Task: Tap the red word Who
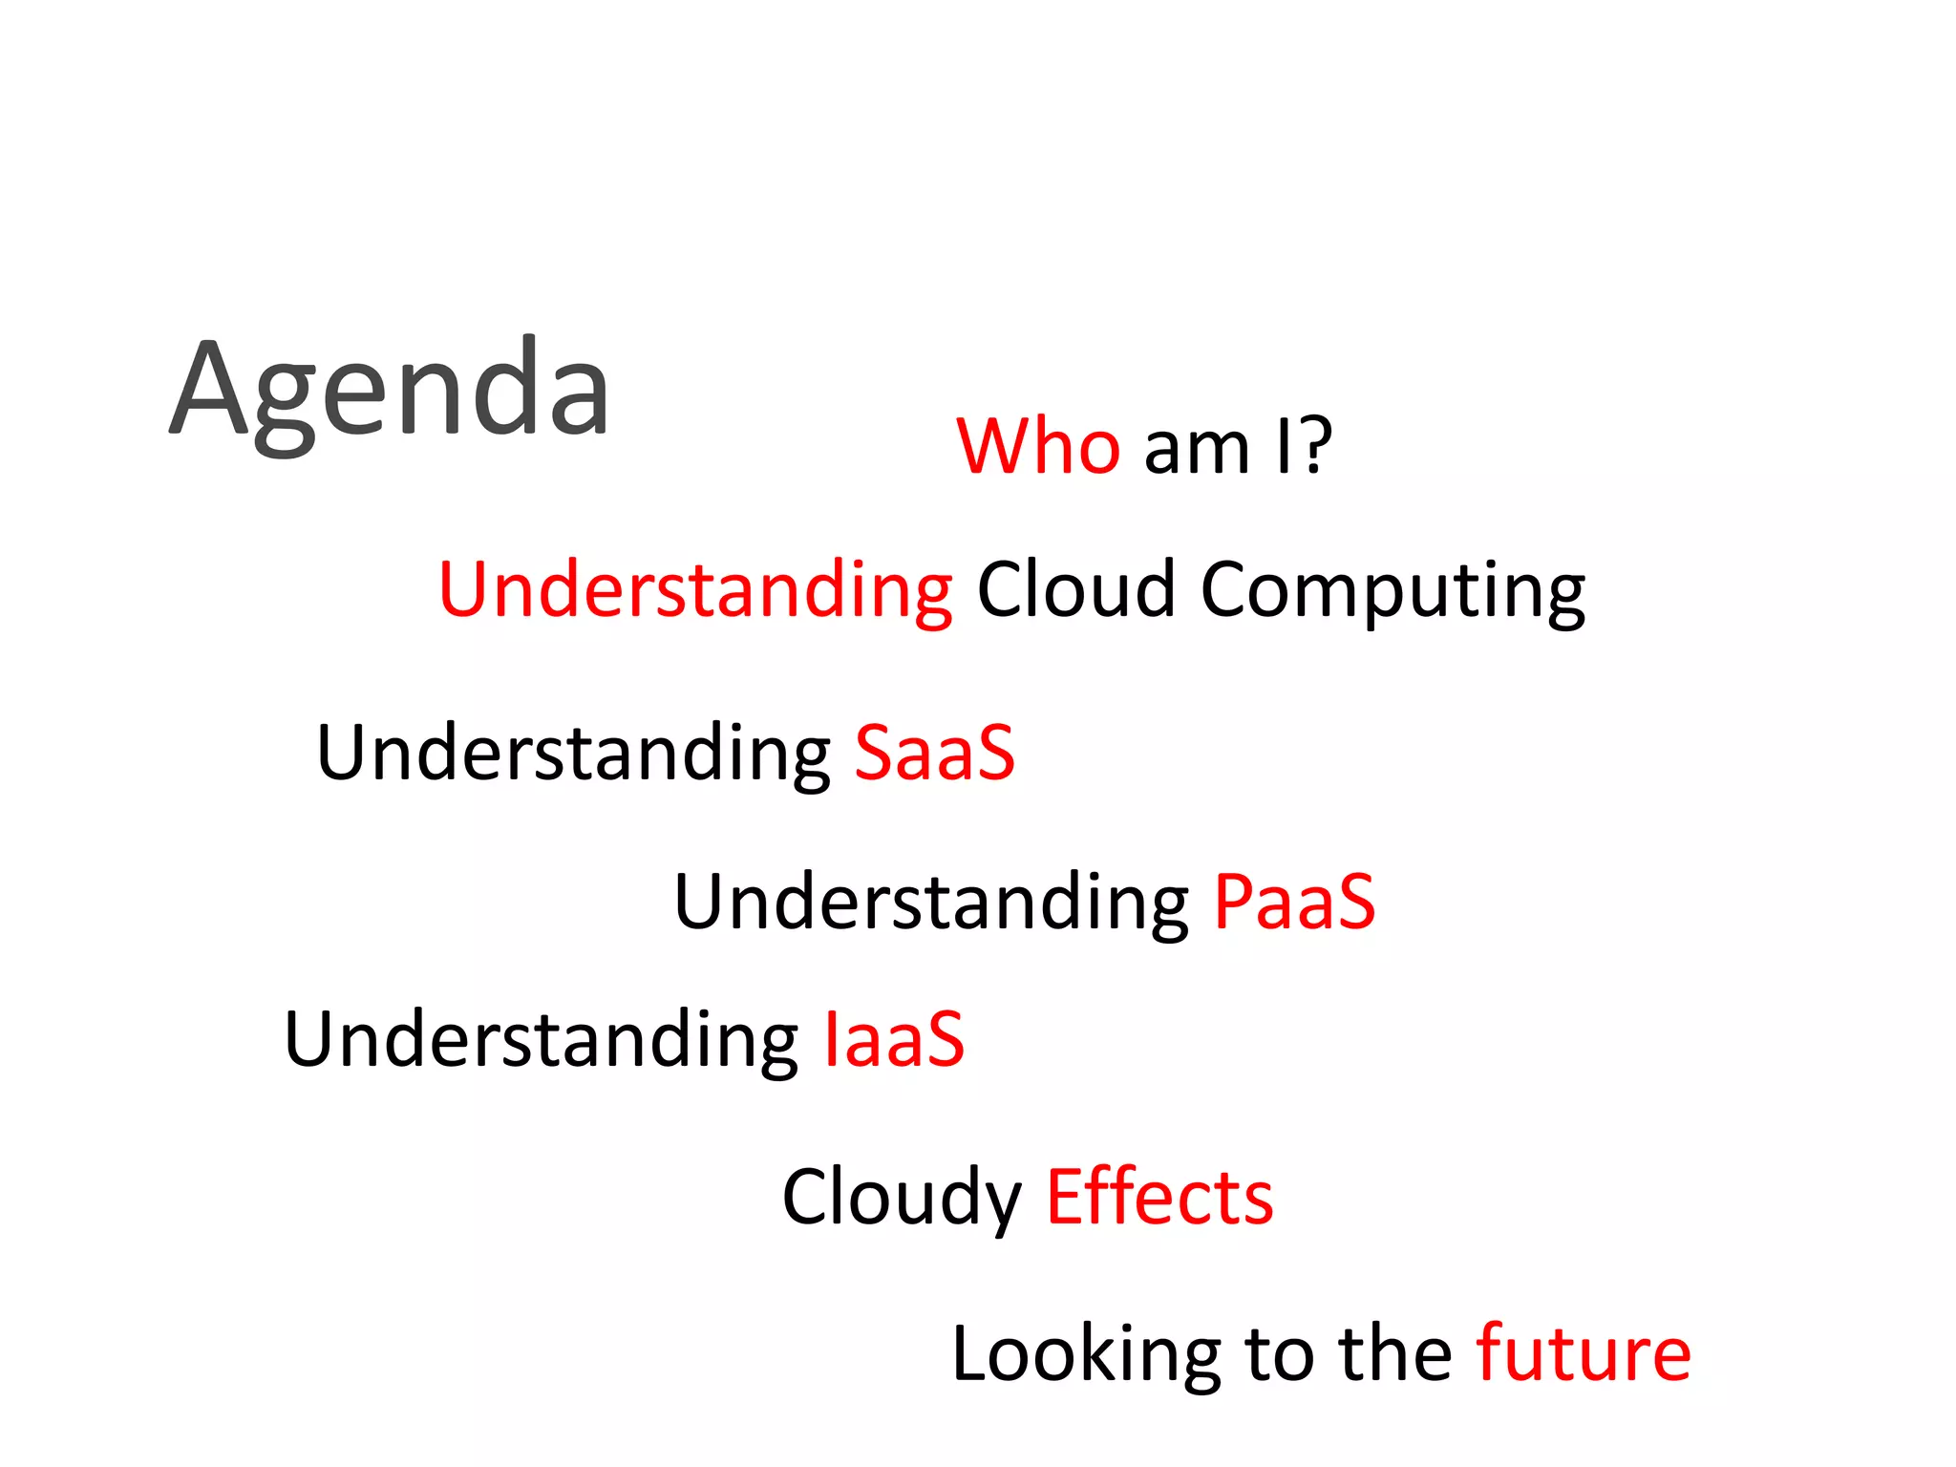tap(1037, 446)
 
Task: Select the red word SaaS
tap(934, 754)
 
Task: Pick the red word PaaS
tap(1294, 903)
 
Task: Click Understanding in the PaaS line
tap(931, 904)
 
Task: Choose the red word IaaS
tap(894, 1040)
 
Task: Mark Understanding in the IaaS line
tap(542, 1041)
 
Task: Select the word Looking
tap(1086, 1355)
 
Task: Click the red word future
tap(1583, 1353)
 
